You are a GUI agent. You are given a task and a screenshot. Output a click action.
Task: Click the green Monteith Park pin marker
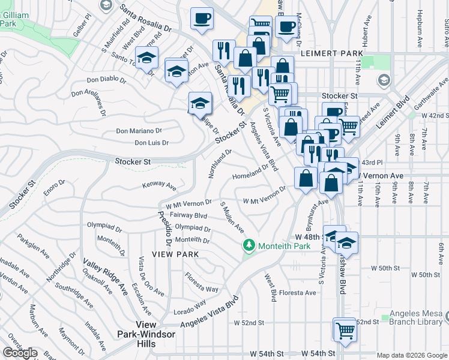(x=249, y=246)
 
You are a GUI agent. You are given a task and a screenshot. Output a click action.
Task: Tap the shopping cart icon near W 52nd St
(x=345, y=329)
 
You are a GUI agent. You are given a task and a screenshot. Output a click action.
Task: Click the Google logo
(x=20, y=353)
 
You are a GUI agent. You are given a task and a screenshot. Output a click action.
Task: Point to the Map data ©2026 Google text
(x=411, y=355)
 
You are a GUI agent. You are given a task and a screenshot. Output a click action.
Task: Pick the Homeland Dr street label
(x=249, y=175)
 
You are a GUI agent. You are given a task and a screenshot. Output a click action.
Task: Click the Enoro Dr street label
(x=53, y=185)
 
